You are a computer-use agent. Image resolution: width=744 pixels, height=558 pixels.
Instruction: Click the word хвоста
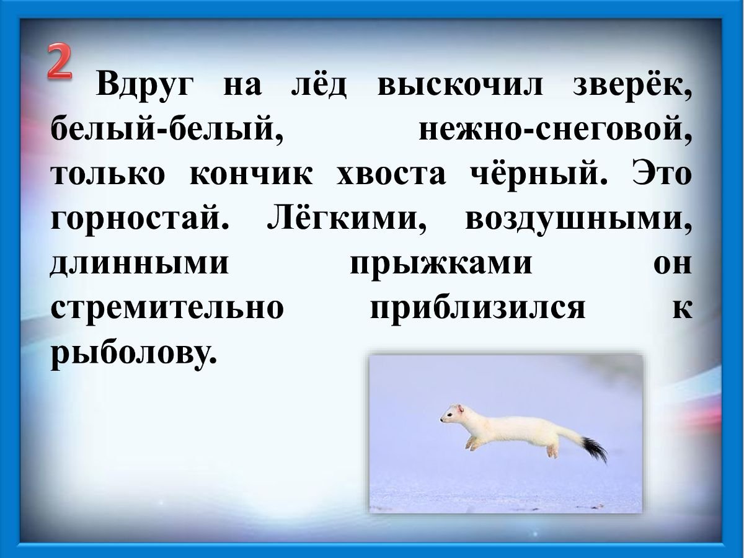391,174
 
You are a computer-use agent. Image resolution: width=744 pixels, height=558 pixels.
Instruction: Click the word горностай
140,219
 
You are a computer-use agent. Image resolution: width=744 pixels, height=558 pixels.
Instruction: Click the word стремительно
167,308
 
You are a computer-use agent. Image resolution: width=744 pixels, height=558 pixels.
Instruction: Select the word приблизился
477,308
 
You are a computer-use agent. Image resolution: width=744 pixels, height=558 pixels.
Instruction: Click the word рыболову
134,353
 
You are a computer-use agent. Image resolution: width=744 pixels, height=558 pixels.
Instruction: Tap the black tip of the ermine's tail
595,449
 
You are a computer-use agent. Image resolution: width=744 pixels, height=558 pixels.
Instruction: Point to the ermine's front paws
472,443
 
